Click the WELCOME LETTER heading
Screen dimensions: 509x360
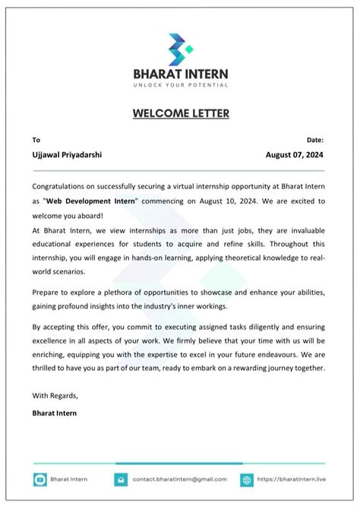tap(180, 114)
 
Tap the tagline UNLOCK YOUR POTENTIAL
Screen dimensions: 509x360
tap(180, 84)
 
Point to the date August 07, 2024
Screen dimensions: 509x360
tap(295, 155)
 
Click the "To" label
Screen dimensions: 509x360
tap(36, 140)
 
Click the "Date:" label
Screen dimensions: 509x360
tap(315, 140)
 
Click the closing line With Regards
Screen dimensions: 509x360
tap(55, 396)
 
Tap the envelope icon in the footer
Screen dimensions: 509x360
tap(121, 479)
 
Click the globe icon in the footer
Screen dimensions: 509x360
tap(247, 479)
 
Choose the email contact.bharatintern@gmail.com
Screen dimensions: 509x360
tap(179, 479)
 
